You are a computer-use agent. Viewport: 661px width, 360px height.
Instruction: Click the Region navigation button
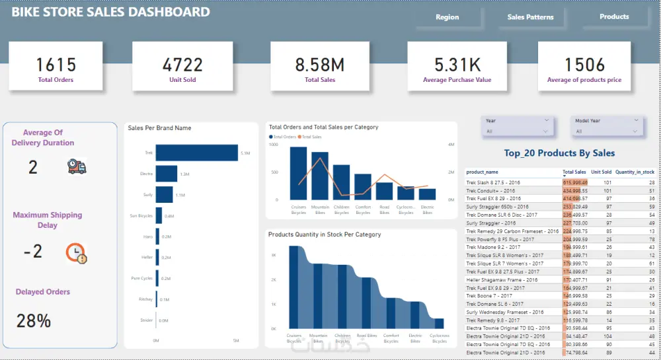447,17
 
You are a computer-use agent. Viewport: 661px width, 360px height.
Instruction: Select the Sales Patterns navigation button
530,17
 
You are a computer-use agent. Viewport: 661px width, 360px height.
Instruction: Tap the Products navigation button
614,17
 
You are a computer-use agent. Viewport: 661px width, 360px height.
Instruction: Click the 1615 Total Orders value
56,65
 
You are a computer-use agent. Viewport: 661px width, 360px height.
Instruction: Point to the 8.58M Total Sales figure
320,65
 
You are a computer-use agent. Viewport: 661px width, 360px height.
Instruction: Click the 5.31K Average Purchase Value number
457,65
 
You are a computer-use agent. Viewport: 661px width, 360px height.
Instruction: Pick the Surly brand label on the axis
147,195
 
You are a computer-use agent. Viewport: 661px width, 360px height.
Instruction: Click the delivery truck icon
77,166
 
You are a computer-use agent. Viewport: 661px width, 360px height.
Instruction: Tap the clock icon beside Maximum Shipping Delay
76,253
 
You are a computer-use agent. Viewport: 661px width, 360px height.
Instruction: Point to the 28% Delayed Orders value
34,321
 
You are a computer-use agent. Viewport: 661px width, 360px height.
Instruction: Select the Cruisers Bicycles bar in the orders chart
298,173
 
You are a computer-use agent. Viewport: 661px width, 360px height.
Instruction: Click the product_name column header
486,172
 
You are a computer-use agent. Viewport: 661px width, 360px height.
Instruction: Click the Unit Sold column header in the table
601,172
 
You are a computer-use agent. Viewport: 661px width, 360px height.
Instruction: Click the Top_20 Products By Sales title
559,153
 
